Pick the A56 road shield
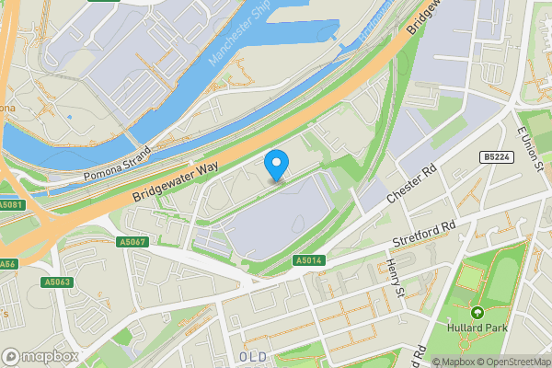point(8,263)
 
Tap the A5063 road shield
point(57,282)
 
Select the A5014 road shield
point(308,261)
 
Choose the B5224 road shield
point(498,158)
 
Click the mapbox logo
point(40,356)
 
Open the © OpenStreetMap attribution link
point(511,362)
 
